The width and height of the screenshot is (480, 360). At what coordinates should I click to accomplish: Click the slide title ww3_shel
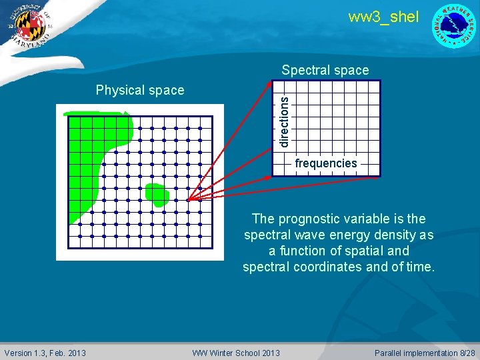tap(383, 17)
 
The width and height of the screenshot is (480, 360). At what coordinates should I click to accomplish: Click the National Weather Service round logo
tap(455, 26)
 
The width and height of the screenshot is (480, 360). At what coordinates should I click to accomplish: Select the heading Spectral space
tap(325, 70)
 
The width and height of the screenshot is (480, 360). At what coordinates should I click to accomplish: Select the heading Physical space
tap(140, 90)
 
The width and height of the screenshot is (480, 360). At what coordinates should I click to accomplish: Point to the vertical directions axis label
tap(284, 121)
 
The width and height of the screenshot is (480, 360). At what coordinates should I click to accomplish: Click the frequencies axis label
tap(326, 163)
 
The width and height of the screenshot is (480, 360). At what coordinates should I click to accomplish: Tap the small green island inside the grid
tap(157, 194)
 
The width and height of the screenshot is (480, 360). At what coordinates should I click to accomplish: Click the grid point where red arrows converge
tap(188, 199)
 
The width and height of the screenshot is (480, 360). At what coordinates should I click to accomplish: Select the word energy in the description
tap(350, 235)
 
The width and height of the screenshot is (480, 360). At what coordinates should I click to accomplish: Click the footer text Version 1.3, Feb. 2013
tap(45, 353)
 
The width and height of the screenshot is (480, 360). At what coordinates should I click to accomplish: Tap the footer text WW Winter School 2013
tap(236, 353)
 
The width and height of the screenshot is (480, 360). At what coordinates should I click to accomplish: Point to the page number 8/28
tap(464, 353)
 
